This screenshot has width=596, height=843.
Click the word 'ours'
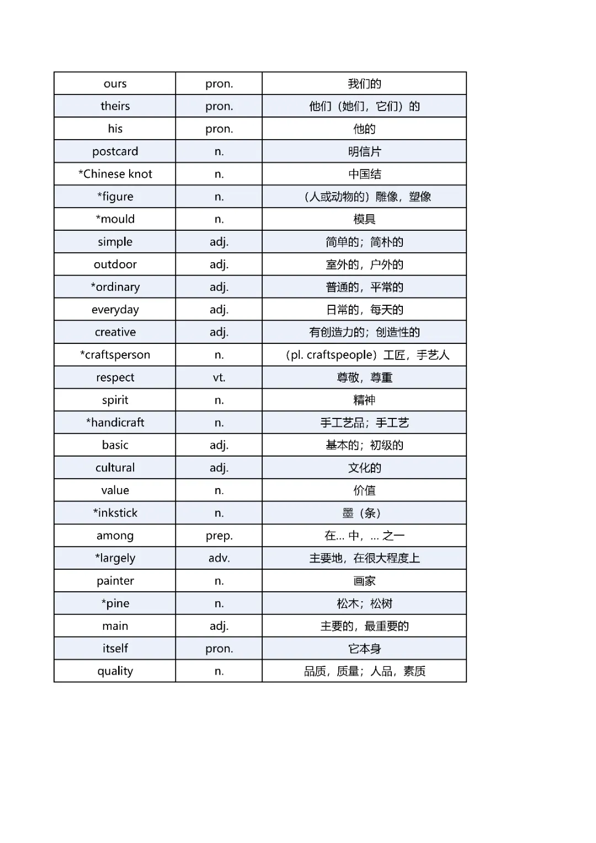pyautogui.click(x=115, y=83)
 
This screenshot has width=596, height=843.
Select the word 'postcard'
pyautogui.click(x=115, y=151)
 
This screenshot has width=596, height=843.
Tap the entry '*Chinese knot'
pyautogui.click(x=115, y=174)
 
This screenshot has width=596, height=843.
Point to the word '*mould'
pyautogui.click(x=115, y=219)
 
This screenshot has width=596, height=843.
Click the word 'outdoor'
pyautogui.click(x=115, y=264)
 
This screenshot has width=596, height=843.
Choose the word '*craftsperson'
pyautogui.click(x=115, y=354)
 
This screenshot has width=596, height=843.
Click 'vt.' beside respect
pyautogui.click(x=219, y=378)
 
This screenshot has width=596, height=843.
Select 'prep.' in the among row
pyautogui.click(x=219, y=536)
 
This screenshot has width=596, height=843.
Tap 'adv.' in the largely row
pyautogui.click(x=219, y=558)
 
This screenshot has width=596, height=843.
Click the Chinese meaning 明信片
pyautogui.click(x=364, y=151)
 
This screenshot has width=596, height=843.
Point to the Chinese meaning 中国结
pyautogui.click(x=364, y=174)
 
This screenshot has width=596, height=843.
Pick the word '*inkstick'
pyautogui.click(x=115, y=513)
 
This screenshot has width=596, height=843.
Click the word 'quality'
pyautogui.click(x=115, y=671)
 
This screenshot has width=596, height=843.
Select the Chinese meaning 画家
pyautogui.click(x=364, y=581)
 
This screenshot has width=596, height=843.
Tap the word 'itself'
pyautogui.click(x=115, y=648)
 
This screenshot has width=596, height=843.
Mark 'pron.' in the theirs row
pyautogui.click(x=219, y=106)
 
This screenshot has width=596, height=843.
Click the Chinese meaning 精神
pyautogui.click(x=364, y=400)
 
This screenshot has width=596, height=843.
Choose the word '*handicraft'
pyautogui.click(x=115, y=422)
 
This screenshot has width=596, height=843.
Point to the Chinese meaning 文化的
pyautogui.click(x=364, y=468)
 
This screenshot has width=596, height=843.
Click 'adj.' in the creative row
pyautogui.click(x=219, y=332)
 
